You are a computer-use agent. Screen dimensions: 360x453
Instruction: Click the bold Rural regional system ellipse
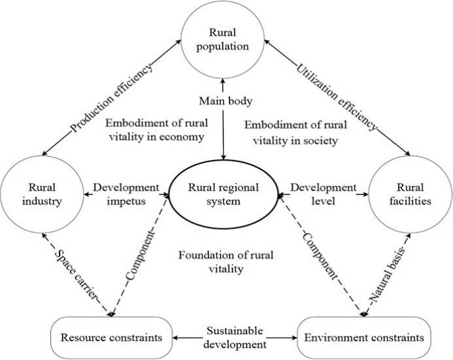[x=224, y=194]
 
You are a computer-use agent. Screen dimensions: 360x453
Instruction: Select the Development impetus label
[x=126, y=194]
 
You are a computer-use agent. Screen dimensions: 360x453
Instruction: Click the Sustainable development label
[x=235, y=337]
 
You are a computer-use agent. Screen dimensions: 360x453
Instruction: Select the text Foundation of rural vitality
[x=218, y=260]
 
